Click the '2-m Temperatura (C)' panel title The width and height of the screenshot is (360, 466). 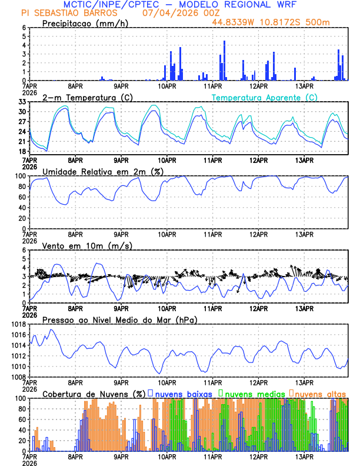[86, 97]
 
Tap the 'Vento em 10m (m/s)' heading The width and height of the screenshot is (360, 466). [87, 245]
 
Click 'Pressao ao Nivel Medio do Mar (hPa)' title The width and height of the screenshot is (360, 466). [120, 319]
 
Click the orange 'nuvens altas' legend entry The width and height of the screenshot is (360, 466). [320, 393]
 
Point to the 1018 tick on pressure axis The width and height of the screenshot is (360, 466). [17, 324]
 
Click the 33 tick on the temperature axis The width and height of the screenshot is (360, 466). [21, 102]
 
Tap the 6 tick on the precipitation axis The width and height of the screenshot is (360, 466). [24, 28]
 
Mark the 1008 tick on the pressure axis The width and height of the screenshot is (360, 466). [17, 377]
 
